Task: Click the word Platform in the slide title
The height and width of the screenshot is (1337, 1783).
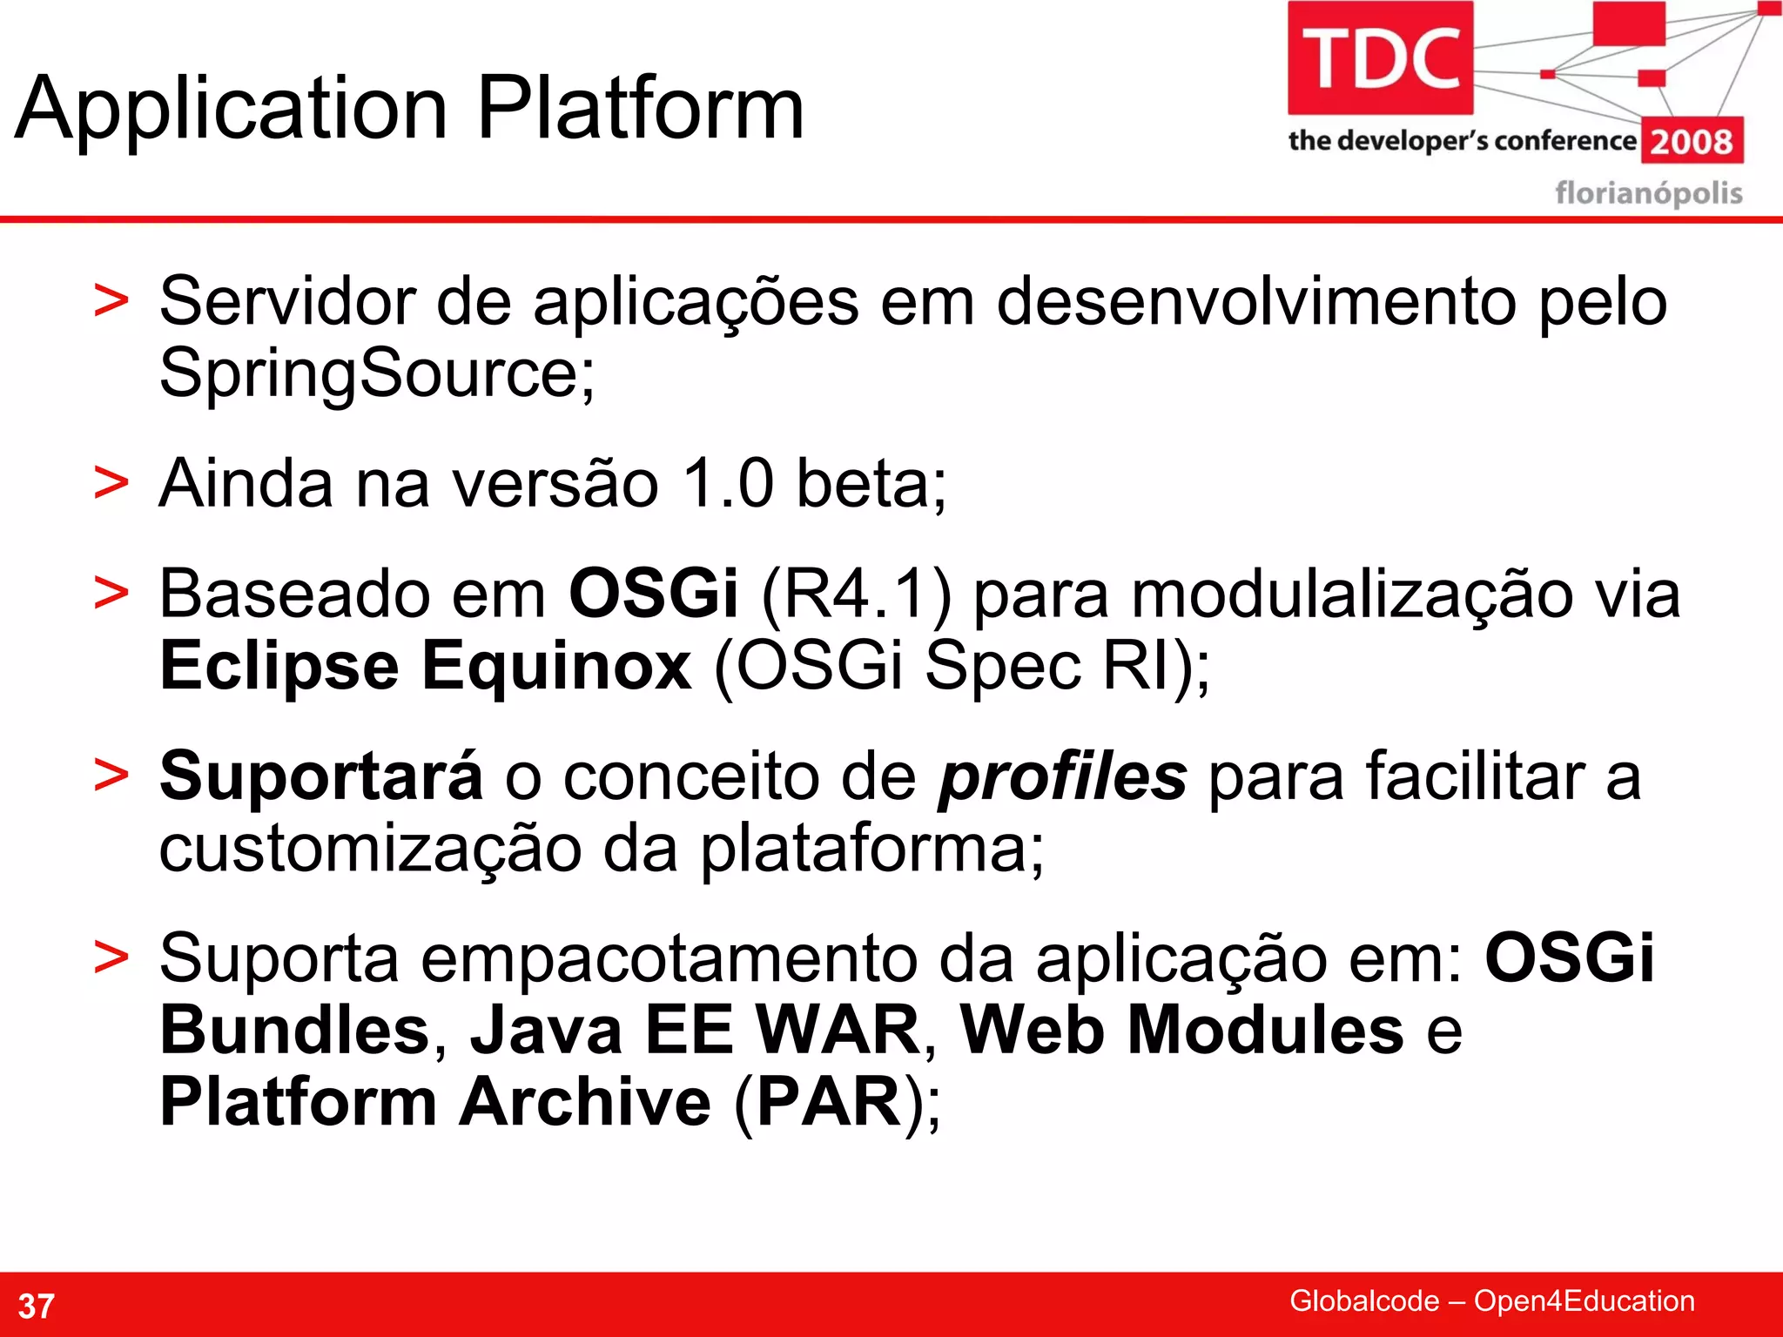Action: [x=640, y=109]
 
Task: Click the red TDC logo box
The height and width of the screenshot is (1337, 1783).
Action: [x=1380, y=57]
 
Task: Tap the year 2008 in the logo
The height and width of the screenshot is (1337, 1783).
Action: [x=1692, y=141]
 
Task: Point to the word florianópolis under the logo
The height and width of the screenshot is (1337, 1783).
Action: [x=1648, y=192]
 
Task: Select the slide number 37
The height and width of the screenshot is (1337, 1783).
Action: [x=37, y=1306]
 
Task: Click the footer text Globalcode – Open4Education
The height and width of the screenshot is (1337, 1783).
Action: [x=1491, y=1300]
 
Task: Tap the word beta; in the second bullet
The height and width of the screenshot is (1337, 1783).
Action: [x=871, y=484]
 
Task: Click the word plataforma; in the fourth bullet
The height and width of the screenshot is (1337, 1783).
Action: [x=871, y=850]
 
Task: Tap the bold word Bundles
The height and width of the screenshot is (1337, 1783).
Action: [x=295, y=1031]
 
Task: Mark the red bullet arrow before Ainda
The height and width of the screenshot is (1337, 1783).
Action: [x=111, y=483]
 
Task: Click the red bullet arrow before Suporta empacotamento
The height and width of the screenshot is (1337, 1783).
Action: [x=111, y=958]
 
